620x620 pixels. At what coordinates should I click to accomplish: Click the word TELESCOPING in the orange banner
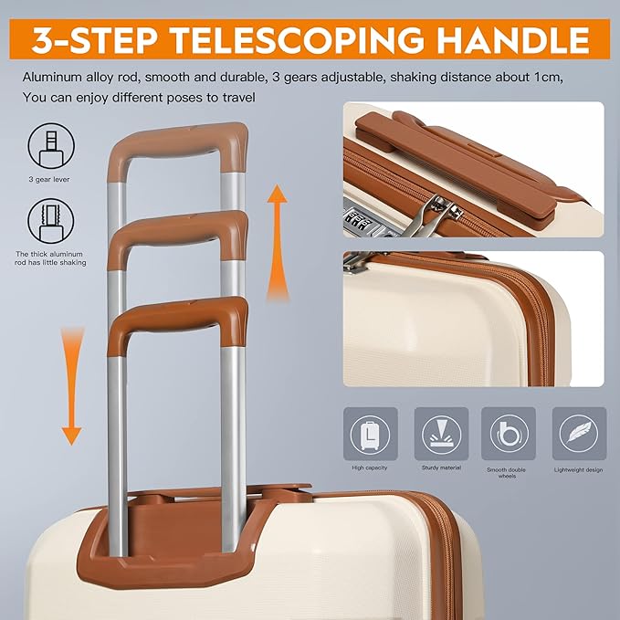tap(295, 39)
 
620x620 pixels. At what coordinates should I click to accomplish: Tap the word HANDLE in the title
tap(513, 39)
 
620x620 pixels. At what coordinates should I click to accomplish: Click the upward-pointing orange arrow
tap(278, 242)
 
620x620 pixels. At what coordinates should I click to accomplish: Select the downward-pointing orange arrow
tap(72, 386)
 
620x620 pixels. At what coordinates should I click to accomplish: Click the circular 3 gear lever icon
tap(51, 146)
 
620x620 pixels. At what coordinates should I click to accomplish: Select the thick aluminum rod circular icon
tap(51, 221)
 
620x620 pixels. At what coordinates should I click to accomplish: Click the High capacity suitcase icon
tap(371, 434)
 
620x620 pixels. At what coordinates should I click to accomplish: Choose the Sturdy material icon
tap(441, 434)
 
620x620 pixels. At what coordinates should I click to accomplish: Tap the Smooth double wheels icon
tap(509, 434)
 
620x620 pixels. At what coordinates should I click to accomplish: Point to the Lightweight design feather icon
tap(579, 434)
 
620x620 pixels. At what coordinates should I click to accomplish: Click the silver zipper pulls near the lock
tap(439, 215)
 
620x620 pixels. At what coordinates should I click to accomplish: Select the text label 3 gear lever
tap(49, 180)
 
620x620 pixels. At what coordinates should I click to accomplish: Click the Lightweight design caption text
tap(579, 469)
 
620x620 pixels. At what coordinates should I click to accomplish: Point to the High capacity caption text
tap(369, 468)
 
